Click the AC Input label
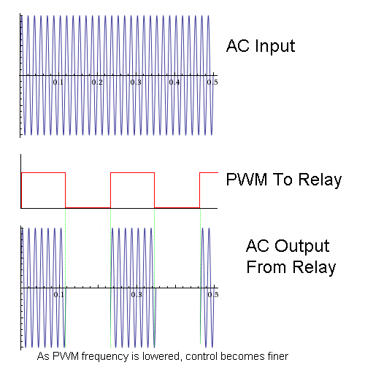(261, 47)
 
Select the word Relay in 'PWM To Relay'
(318, 180)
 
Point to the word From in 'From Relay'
(266, 267)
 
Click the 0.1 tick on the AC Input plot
(58, 82)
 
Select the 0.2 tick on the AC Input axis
(97, 82)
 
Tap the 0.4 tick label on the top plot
(174, 82)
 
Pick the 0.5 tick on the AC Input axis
(212, 82)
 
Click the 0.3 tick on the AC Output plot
(136, 295)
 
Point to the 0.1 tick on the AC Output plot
(58, 295)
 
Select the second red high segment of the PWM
(132, 172)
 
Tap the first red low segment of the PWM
(88, 207)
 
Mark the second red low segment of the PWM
(177, 207)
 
